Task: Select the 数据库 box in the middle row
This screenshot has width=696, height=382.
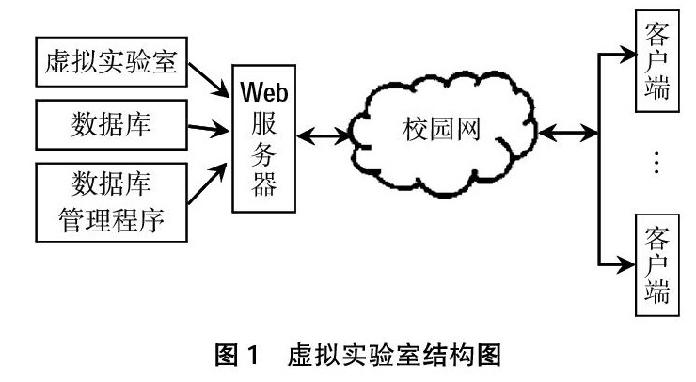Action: (x=111, y=122)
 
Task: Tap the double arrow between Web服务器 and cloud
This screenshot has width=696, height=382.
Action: (x=323, y=139)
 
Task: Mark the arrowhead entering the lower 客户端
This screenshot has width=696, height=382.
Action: (x=630, y=263)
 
